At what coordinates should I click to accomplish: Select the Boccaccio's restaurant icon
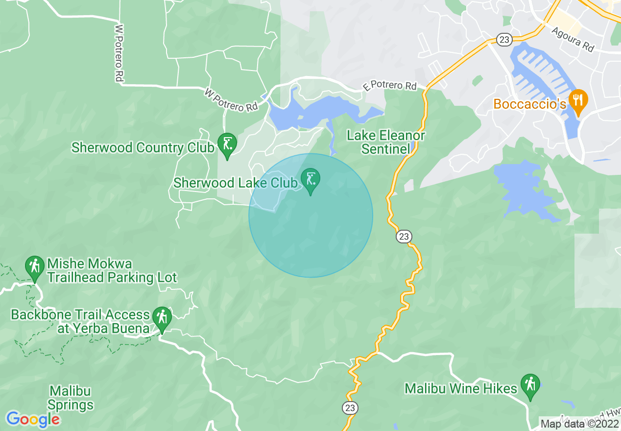(578, 101)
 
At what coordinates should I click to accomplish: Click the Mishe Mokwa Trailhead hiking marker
(34, 267)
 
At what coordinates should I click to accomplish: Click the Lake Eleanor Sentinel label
(385, 142)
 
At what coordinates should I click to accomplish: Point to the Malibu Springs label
(71, 398)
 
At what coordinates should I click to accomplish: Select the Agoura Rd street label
(573, 39)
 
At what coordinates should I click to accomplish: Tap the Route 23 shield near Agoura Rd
(504, 39)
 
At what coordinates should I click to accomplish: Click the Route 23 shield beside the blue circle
(404, 237)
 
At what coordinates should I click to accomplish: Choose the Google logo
(33, 419)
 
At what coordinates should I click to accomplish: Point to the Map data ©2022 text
(579, 423)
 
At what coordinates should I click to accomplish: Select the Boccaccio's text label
(530, 104)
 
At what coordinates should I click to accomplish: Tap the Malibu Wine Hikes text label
(461, 389)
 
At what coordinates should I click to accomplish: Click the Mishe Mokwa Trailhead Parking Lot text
(112, 271)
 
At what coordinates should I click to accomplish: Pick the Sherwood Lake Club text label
(236, 183)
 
